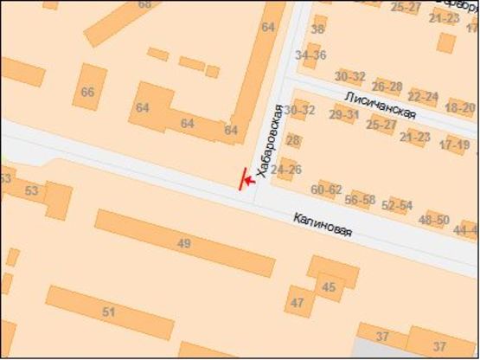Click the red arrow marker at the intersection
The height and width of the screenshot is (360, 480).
pos(245,180)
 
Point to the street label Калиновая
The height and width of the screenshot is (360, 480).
pos(323,228)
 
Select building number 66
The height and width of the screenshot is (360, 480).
pos(87,92)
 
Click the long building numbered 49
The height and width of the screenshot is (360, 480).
pos(183,243)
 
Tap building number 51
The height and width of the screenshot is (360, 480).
pos(109,312)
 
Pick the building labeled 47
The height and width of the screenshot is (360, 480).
pos(298,303)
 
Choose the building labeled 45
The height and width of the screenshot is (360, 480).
pos(328,286)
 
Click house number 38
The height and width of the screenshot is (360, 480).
pos(317,29)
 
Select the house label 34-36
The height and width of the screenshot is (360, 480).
pos(310,55)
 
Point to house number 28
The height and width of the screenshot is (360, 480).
pos(294,141)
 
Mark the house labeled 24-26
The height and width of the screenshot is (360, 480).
pos(286,170)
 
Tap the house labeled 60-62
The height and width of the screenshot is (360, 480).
pos(326,190)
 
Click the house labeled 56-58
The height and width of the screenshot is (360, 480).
pos(360,199)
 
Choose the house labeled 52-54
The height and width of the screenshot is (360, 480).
pos(398,206)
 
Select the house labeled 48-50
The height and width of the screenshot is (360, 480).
pos(433,220)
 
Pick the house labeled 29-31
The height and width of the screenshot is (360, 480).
pos(344,114)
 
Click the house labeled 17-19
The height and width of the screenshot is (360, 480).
pos(454,145)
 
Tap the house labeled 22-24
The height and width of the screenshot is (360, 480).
pos(423,97)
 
